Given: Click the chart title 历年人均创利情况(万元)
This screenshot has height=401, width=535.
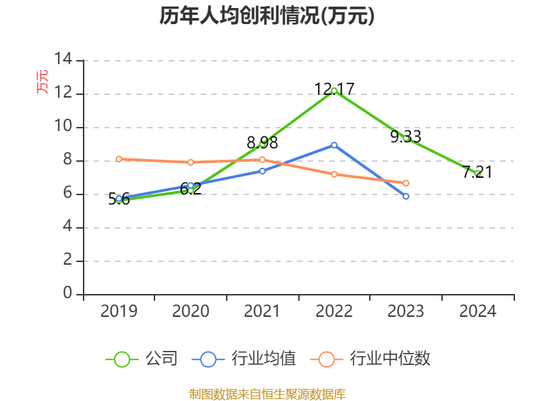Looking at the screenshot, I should coord(267,16).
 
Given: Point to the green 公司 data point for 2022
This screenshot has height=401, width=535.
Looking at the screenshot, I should coord(334,90).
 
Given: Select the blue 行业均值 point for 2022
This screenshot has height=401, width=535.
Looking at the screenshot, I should coord(334,145).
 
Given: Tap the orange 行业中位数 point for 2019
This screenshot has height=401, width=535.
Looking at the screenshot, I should coord(119,159).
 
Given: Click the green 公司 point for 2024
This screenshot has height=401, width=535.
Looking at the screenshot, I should coord(477,173).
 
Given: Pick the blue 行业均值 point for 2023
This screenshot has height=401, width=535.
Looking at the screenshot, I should coord(406,196).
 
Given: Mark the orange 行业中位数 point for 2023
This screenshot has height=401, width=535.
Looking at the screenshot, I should coord(406,183).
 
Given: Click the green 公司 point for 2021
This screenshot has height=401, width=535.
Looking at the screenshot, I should coord(262,144).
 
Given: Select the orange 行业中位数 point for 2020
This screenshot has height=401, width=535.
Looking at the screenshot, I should coord(191,162).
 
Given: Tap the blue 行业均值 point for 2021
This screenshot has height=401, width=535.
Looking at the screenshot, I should coord(262,171).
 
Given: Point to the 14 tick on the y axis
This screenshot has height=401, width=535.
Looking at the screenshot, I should coord(64,59).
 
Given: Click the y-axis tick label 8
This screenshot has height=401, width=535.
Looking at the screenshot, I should coord(68,160).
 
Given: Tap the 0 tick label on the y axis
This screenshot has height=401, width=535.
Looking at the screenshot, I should coord(68,293).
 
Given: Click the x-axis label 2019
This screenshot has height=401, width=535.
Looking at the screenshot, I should coord(119,311).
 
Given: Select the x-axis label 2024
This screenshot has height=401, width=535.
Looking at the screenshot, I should coord(477,311).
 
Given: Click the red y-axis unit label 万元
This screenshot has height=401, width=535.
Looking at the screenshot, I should coord(42,82).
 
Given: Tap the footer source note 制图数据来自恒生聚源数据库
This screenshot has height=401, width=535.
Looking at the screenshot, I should coord(267,394).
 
